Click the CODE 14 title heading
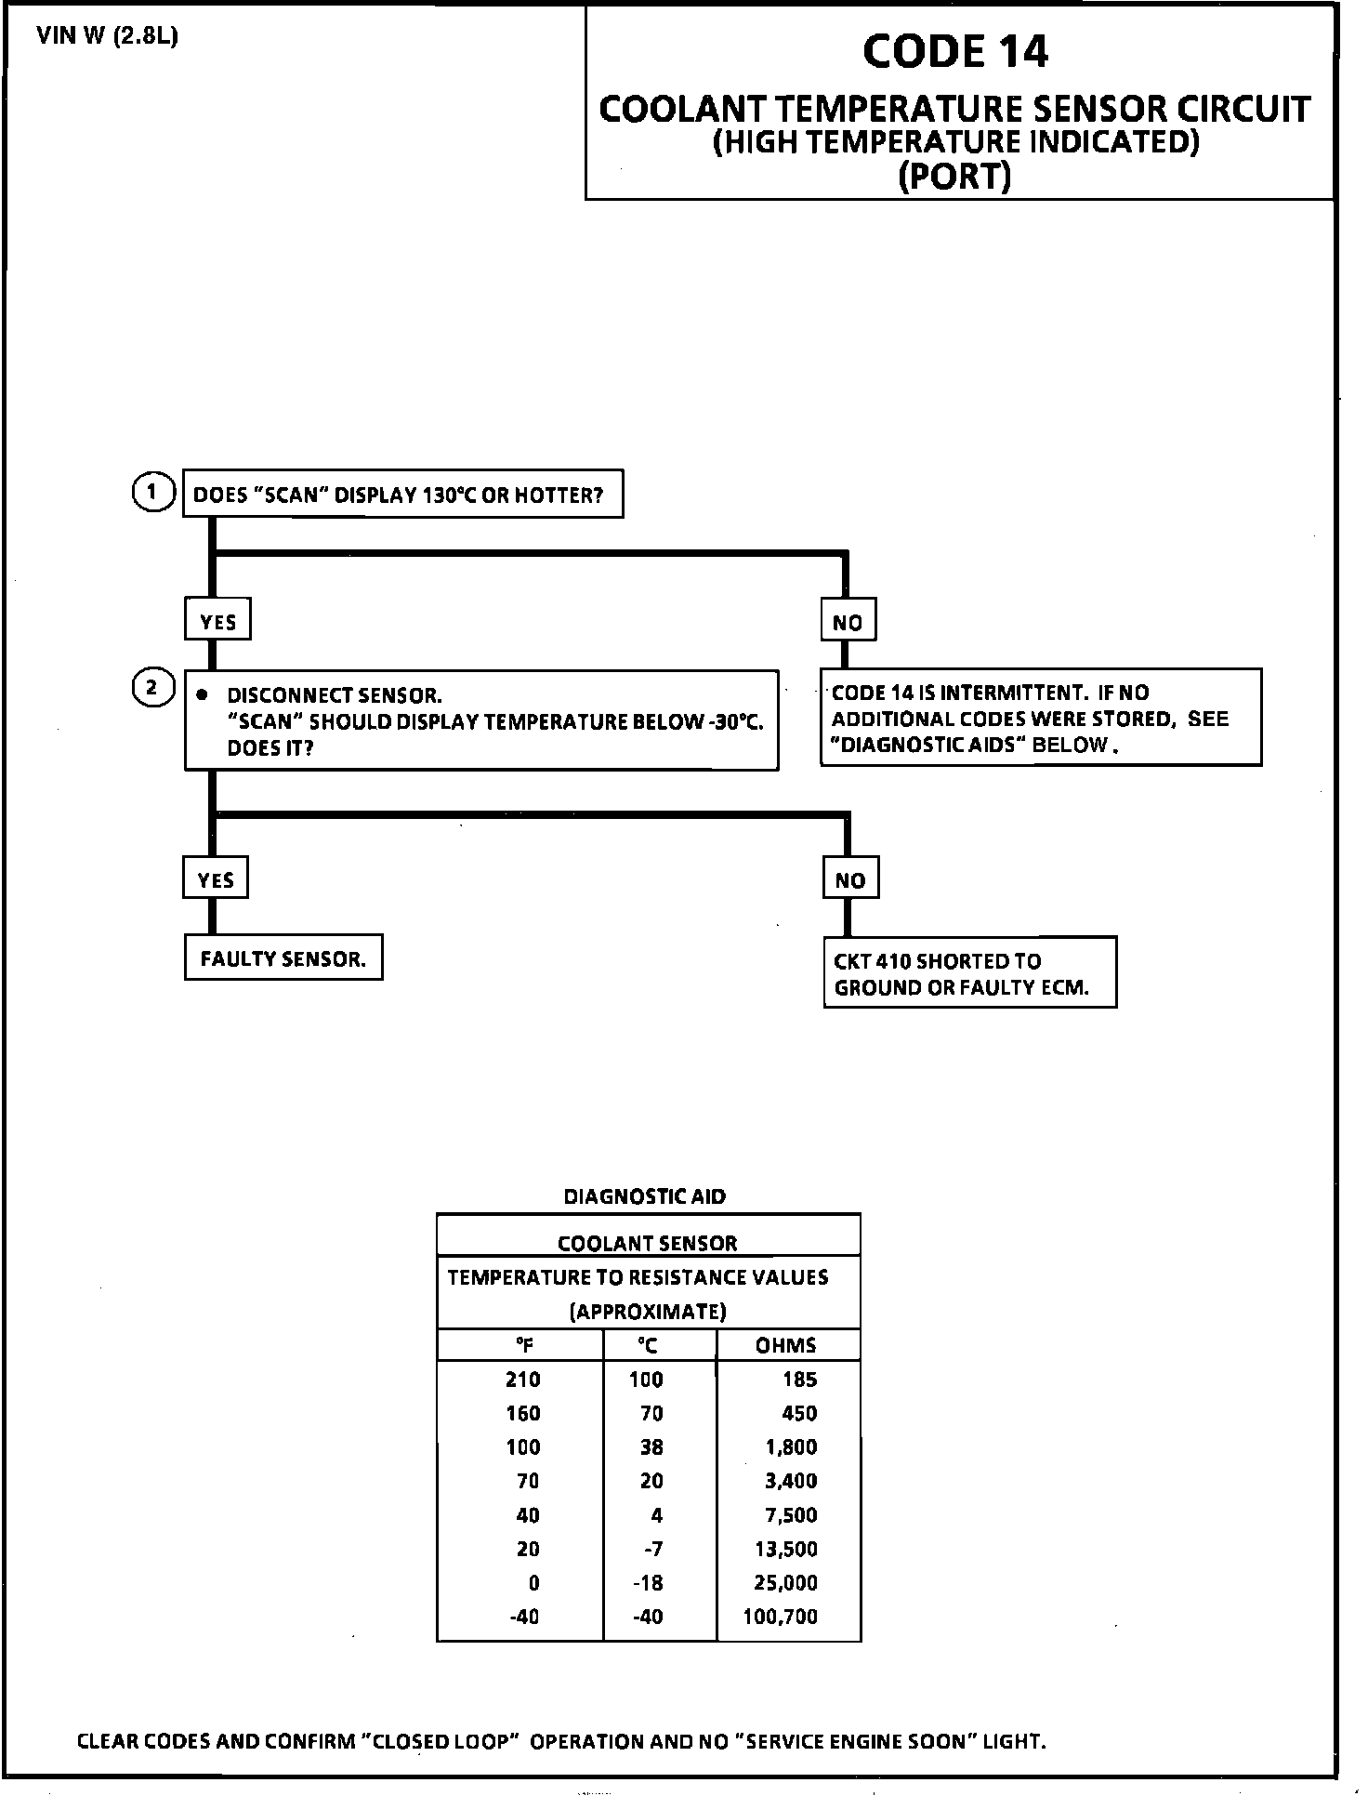click(955, 52)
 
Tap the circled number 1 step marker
click(154, 493)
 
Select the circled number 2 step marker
click(154, 689)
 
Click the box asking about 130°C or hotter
click(403, 494)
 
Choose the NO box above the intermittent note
click(848, 622)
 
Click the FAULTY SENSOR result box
click(283, 958)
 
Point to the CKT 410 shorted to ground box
click(970, 973)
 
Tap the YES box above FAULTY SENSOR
click(216, 879)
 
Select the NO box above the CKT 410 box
click(851, 879)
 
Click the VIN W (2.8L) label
click(108, 37)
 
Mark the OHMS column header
click(786, 1345)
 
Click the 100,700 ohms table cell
click(781, 1617)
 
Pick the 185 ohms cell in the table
click(799, 1380)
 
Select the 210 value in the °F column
click(523, 1380)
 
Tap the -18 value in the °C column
click(648, 1583)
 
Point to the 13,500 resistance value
click(786, 1549)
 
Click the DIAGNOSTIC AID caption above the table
click(645, 1196)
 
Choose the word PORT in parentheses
click(955, 176)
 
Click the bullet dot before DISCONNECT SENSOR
click(202, 694)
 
